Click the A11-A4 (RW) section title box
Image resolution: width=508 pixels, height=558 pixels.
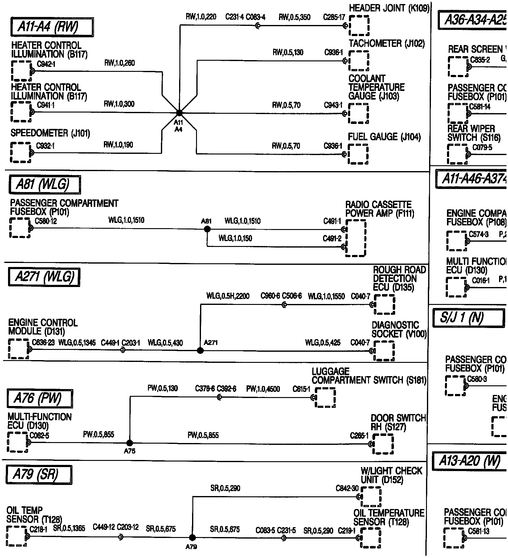pos(52,27)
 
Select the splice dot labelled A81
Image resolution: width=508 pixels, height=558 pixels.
pos(207,229)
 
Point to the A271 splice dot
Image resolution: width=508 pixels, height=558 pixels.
pos(200,351)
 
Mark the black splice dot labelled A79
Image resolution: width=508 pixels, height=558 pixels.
pos(192,538)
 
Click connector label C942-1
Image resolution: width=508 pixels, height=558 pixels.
pos(46,64)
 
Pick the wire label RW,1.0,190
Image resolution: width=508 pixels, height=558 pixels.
pos(119,145)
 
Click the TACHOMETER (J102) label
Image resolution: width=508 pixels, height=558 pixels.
pos(387,44)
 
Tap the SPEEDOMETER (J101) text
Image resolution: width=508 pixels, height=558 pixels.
pos(50,133)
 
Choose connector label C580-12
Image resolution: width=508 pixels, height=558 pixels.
pos(46,221)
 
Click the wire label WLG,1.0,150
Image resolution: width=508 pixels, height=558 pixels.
pos(235,238)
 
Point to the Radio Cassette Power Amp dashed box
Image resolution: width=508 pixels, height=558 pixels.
pos(356,238)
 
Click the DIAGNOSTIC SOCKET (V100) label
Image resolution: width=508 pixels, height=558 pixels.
pos(399,330)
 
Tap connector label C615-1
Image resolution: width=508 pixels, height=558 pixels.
pos(301,389)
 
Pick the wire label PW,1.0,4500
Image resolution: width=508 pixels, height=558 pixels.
pos(263,389)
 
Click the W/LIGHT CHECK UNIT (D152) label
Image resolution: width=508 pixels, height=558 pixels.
pos(391,475)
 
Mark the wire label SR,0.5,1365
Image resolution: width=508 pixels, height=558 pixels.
pos(69,528)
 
